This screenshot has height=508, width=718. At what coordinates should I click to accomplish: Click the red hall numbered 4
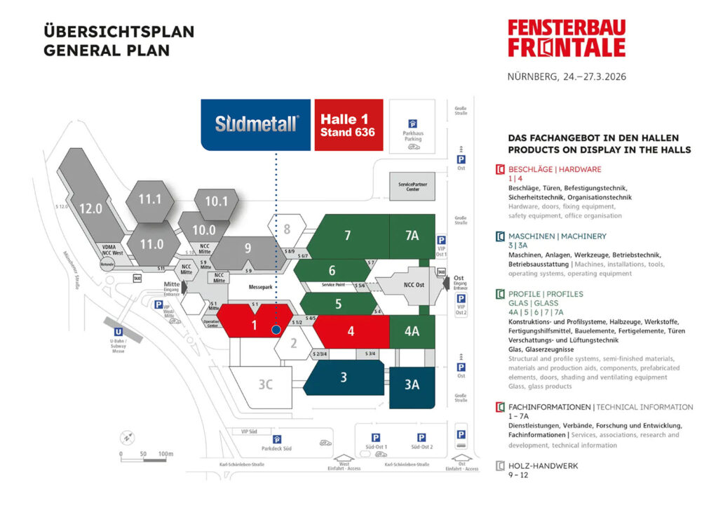(x=351, y=330)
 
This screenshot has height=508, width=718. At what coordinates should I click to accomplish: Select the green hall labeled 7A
(x=412, y=236)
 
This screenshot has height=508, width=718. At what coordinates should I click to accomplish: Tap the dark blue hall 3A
(x=412, y=384)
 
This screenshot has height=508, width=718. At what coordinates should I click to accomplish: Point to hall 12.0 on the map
(x=90, y=208)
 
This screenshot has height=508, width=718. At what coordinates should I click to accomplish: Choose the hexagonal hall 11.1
(x=149, y=199)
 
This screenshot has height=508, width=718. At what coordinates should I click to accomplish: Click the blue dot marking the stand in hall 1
(x=276, y=328)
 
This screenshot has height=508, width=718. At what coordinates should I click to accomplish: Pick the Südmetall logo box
(x=256, y=124)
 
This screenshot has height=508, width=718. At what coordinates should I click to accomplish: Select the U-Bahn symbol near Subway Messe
(x=120, y=330)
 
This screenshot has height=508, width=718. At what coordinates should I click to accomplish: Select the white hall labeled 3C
(x=265, y=384)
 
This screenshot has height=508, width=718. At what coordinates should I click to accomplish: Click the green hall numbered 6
(x=332, y=271)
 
